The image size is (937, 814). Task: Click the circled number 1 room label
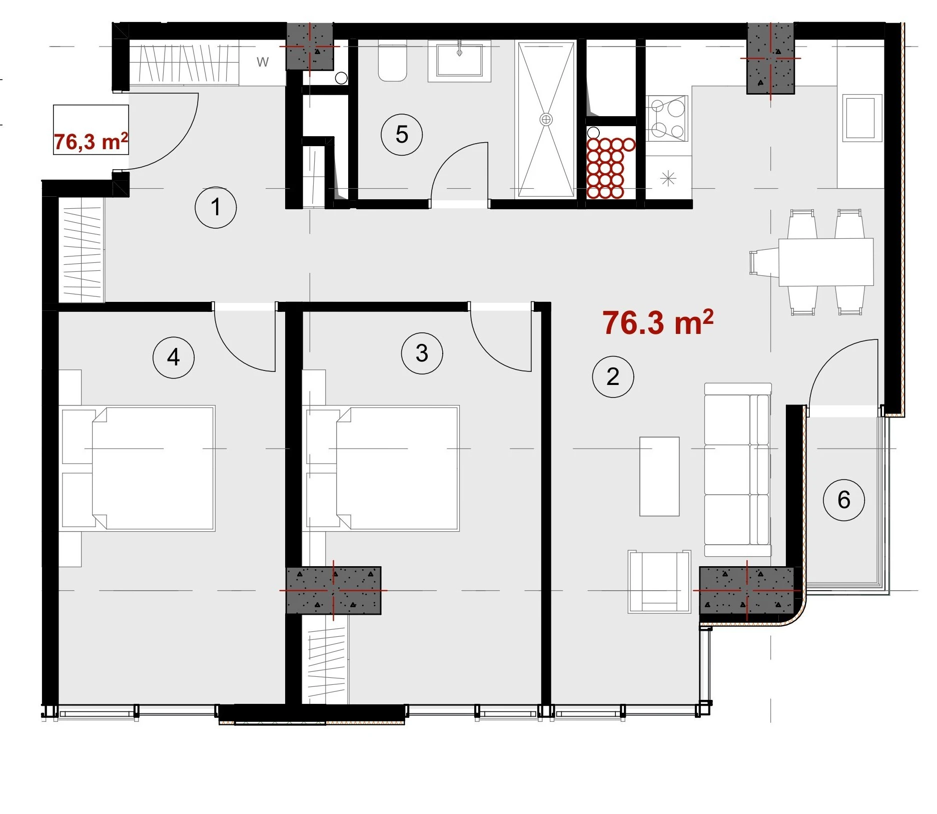tap(216, 208)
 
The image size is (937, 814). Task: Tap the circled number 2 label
tap(613, 376)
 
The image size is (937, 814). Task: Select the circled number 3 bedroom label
tap(422, 353)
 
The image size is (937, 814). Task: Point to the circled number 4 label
tap(174, 357)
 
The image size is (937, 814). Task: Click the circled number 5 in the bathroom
tap(402, 135)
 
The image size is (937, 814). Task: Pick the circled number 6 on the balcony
tap(844, 500)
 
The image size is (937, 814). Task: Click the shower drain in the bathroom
tap(546, 119)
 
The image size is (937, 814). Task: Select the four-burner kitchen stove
tap(667, 119)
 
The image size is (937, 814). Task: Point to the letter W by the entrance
tap(263, 62)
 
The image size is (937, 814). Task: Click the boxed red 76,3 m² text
tap(91, 142)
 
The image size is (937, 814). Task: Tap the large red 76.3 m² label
tap(658, 322)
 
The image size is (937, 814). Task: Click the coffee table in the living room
tap(659, 476)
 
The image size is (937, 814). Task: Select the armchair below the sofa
tap(659, 582)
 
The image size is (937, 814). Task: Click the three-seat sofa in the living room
tap(738, 470)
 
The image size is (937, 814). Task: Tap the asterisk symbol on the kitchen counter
tap(668, 179)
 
